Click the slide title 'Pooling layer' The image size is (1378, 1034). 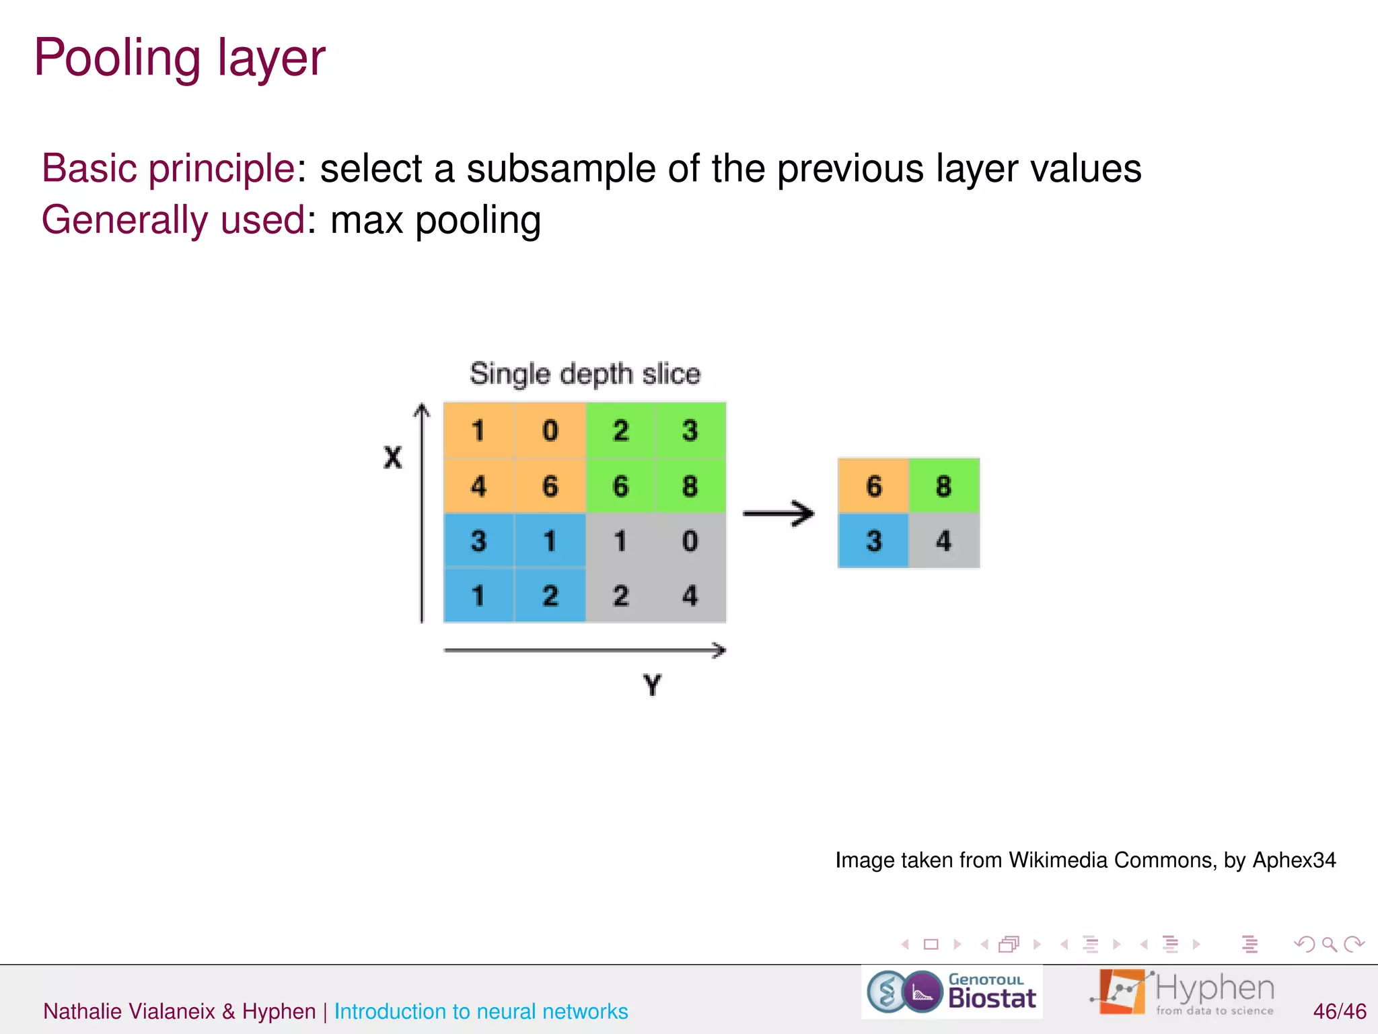point(180,58)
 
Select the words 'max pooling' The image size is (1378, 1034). point(435,220)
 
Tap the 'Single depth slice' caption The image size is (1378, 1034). point(585,374)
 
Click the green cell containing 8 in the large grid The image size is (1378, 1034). point(690,486)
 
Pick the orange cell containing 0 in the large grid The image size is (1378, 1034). point(550,431)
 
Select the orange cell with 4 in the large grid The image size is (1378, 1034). point(478,486)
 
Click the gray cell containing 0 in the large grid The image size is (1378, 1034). point(690,541)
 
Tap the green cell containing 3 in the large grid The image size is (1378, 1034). point(690,431)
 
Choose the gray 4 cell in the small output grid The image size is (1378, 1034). point(943,541)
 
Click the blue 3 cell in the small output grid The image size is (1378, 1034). point(873,541)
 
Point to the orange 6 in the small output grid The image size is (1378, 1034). point(873,486)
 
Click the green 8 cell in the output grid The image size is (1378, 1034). point(943,486)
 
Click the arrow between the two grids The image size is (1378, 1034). point(778,514)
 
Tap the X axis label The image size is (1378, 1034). point(392,458)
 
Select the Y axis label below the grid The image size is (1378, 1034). point(652,685)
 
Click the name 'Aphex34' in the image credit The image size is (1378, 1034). point(1294,860)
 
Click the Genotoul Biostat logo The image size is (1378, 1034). point(951,992)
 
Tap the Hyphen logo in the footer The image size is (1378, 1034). point(1184,992)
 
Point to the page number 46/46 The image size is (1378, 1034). point(1339,1011)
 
